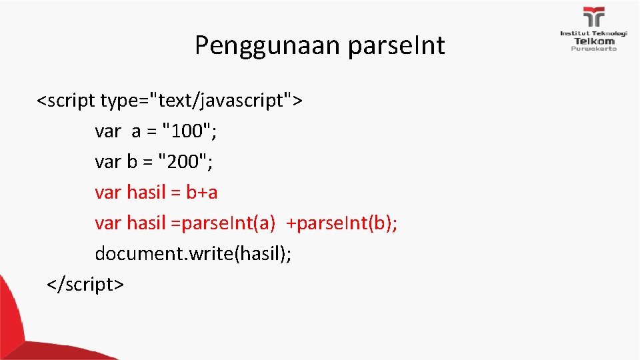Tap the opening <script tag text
point(66,101)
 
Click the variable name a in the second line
point(136,132)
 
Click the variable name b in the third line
point(132,162)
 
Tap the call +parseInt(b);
point(341,223)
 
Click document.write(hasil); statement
point(193,254)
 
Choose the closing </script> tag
point(85,285)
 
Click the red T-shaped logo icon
point(593,17)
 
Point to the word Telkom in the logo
point(593,41)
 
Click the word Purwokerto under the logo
point(593,48)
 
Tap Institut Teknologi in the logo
point(593,33)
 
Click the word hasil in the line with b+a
point(146,193)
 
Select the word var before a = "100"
point(108,132)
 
